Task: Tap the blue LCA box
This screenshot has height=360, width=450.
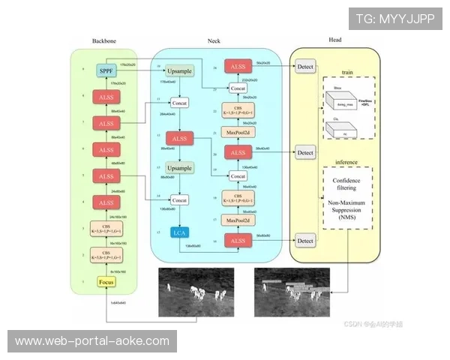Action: [180, 233]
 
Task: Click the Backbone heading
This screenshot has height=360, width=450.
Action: [104, 40]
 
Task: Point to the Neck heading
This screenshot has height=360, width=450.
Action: [214, 40]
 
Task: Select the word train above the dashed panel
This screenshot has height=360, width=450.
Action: [347, 72]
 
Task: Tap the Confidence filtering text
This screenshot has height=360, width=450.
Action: [348, 185]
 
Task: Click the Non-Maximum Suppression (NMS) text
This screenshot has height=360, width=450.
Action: [348, 212]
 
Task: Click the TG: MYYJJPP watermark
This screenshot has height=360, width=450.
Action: [395, 18]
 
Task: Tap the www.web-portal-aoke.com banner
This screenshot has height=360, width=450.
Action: [92, 340]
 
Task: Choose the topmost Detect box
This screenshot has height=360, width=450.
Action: [305, 67]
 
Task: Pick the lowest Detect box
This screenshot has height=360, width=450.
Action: [305, 241]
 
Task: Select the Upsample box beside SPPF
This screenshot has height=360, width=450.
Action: [180, 70]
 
